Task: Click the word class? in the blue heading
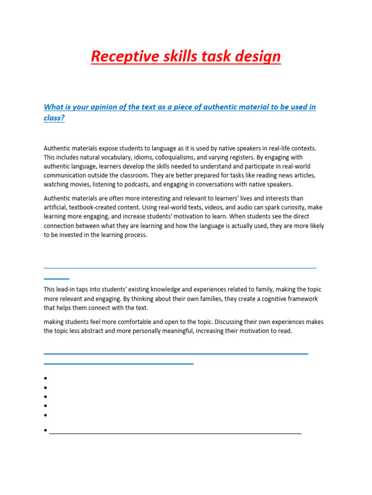pos(54,117)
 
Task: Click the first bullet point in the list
pos(45,379)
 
